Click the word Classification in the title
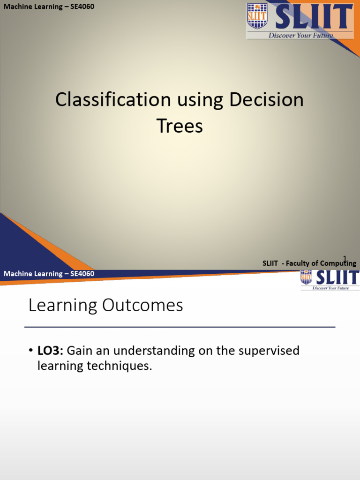tap(113, 100)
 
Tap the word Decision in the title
tap(266, 100)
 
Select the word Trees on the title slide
tap(180, 126)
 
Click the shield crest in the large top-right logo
tap(257, 16)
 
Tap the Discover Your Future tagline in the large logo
tap(300, 35)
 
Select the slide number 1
tap(345, 259)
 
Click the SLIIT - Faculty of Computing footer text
tap(309, 263)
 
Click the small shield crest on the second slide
tap(306, 277)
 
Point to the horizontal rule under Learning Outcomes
tap(180, 327)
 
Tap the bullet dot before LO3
tap(30, 351)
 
